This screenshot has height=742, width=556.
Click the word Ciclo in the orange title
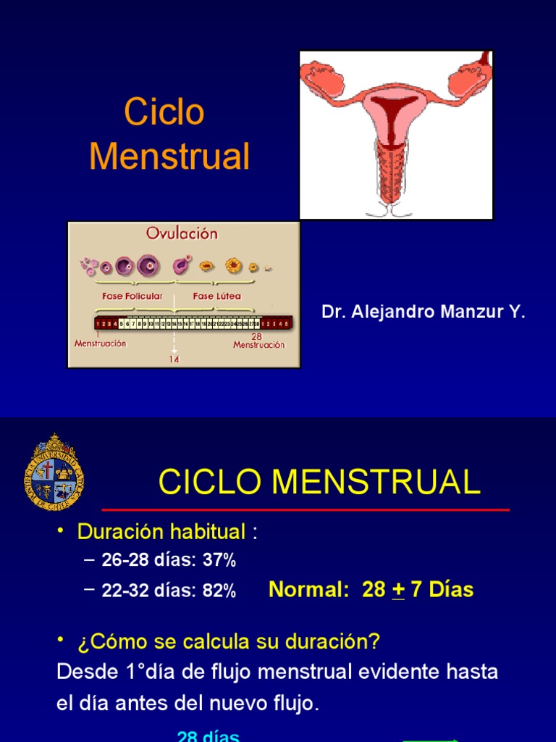[x=164, y=112]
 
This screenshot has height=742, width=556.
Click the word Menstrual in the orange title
[x=169, y=156]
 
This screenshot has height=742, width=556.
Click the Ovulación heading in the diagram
[x=182, y=234]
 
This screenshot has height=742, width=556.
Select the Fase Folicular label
[x=132, y=296]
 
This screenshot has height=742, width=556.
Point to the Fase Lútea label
[x=216, y=296]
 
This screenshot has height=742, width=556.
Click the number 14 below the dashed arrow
[x=174, y=359]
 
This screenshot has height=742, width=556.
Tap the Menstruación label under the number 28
[x=258, y=346]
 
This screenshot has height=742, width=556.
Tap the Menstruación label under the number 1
[x=100, y=344]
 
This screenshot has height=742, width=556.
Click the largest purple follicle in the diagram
[x=148, y=266]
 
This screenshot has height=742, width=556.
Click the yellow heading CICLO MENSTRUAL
[x=319, y=482]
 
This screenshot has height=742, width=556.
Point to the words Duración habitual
[x=161, y=533]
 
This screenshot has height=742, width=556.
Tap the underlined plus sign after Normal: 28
[x=397, y=590]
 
